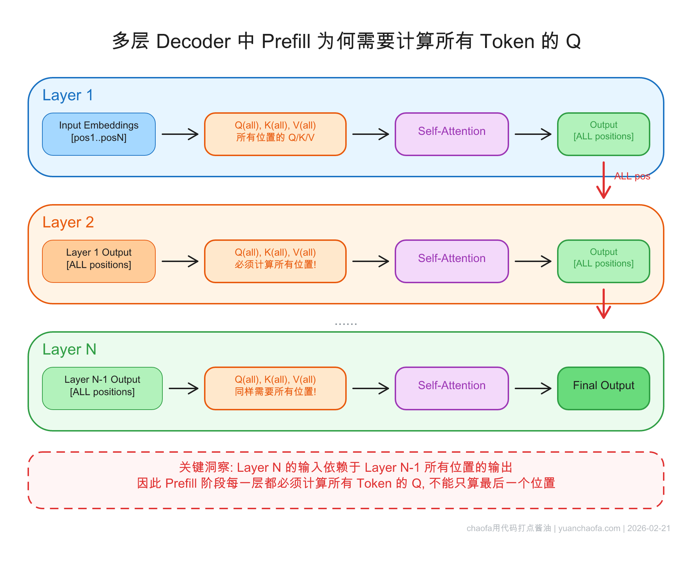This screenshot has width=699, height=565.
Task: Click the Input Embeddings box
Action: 98,134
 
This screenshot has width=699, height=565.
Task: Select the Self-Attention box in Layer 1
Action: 452,134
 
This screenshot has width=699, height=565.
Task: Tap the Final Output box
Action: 603,388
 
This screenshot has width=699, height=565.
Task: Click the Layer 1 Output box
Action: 98,261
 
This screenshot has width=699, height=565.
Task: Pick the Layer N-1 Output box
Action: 102,388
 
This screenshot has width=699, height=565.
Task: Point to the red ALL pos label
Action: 632,176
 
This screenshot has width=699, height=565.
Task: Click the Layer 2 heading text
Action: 68,222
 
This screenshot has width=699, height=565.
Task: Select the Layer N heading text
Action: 69,350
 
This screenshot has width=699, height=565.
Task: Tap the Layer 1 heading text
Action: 68,95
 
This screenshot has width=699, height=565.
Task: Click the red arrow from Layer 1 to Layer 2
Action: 604,180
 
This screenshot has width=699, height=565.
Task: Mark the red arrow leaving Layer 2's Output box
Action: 604,304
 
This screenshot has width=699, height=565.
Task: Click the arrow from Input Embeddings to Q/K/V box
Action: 180,134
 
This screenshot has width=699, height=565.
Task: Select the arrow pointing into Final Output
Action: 533,388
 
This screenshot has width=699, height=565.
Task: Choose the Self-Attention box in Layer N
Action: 452,388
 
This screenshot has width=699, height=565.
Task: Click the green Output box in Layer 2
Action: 603,261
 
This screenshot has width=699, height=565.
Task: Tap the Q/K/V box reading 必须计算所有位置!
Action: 275,261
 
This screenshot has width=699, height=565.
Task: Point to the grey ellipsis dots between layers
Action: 346,323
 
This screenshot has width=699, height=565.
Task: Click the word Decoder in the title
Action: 193,41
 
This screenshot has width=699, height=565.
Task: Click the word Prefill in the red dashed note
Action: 181,483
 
